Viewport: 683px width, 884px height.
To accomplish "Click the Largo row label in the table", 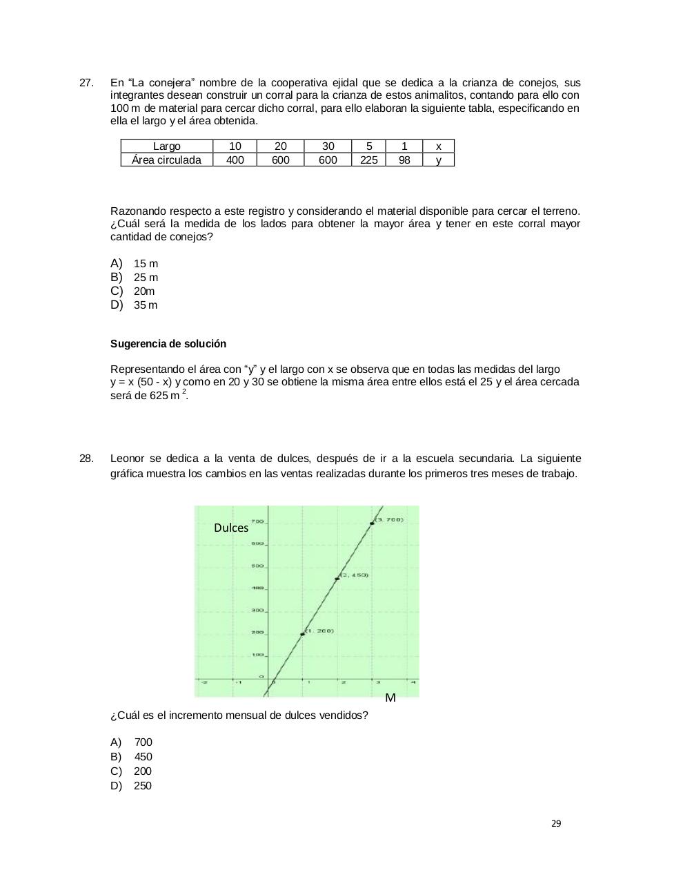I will tap(166, 146).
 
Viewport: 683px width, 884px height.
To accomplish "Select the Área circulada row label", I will tap(166, 160).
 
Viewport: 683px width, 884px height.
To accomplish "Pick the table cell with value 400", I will tap(235, 160).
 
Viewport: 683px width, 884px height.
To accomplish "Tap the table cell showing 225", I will tap(368, 160).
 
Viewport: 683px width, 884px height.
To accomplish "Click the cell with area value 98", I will tap(404, 160).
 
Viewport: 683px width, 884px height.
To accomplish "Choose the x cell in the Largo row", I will tap(438, 146).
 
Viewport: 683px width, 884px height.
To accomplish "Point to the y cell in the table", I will tap(438, 160).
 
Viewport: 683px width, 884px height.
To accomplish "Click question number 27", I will tap(86, 83).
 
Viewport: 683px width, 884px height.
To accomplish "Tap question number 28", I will tap(86, 459).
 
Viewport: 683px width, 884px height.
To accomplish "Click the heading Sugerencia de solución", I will tap(168, 344).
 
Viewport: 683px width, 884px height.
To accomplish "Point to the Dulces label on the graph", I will tap(231, 528).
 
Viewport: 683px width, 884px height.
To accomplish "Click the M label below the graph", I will tap(390, 698).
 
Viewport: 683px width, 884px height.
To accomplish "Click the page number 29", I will tap(556, 823).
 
